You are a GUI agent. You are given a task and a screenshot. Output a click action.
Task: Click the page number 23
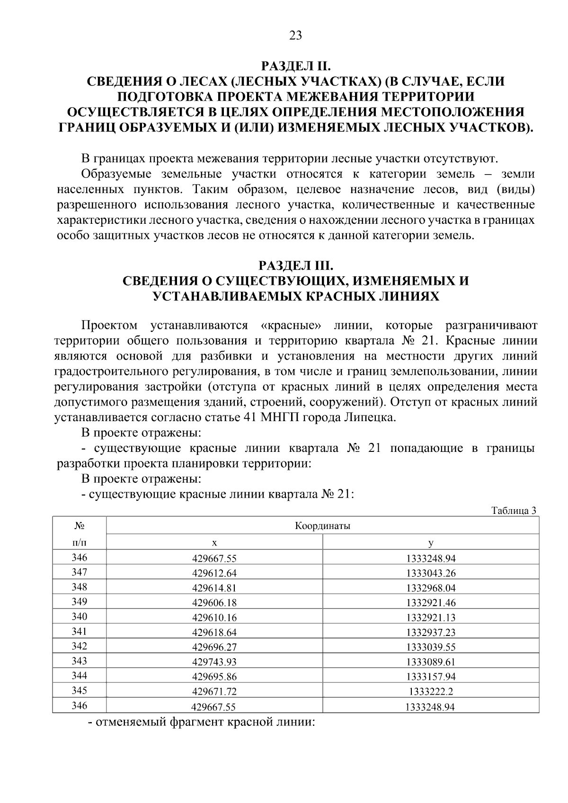[x=295, y=35]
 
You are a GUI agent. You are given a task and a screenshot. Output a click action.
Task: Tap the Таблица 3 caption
[x=514, y=511]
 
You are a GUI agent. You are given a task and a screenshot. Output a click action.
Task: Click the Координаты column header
[x=322, y=526]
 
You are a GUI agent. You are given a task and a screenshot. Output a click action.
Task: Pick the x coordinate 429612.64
[x=214, y=574]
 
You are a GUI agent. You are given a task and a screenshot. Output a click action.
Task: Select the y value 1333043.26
[x=431, y=574]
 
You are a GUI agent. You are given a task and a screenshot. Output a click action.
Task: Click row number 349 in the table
[x=80, y=602]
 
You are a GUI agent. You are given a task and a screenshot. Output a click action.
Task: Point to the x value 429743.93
[x=214, y=662]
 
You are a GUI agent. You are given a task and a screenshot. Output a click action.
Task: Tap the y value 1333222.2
[x=431, y=691]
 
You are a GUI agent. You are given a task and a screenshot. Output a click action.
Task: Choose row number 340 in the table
[x=80, y=617]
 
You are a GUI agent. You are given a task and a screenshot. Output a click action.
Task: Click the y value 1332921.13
[x=431, y=618]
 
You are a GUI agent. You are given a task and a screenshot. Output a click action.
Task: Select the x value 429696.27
[x=214, y=647]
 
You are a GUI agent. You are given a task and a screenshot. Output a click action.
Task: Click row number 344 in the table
[x=80, y=676]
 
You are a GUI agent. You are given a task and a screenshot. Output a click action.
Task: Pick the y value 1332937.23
[x=431, y=633]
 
